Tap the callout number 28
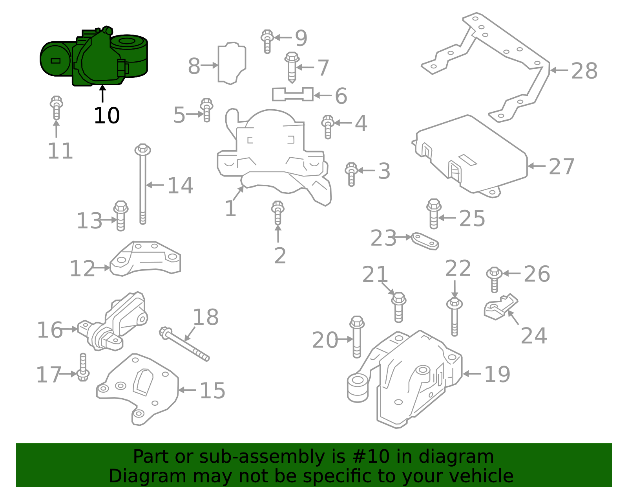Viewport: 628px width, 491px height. coord(584,71)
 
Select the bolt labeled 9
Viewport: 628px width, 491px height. coord(267,41)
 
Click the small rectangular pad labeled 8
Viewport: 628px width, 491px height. coord(232,63)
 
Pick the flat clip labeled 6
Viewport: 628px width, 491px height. coord(292,94)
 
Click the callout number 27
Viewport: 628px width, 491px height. coord(561,166)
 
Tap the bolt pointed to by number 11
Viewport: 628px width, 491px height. coord(56,107)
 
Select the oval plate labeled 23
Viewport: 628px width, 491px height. coord(425,241)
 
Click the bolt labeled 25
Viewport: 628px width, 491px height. coord(433,213)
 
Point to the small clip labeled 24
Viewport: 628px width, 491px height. coord(500,307)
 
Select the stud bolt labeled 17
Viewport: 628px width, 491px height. coord(83,368)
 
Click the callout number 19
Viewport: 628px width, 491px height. coord(497,374)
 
